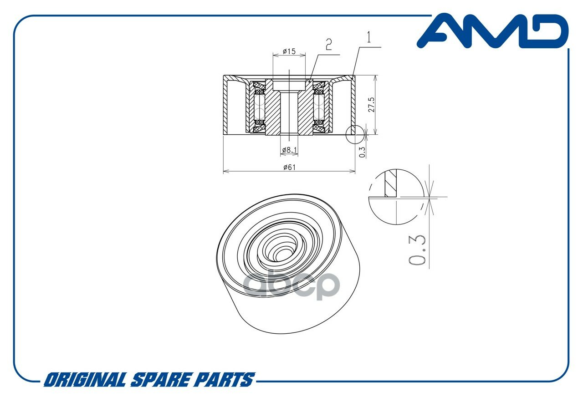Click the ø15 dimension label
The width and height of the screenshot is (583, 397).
(289, 51)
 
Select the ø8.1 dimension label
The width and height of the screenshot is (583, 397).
(289, 149)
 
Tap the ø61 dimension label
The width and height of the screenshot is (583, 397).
(289, 167)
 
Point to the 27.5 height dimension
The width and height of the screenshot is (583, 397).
(371, 105)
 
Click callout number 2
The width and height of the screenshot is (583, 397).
(328, 44)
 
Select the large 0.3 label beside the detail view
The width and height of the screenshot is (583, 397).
(417, 250)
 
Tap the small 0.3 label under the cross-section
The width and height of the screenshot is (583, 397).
(363, 152)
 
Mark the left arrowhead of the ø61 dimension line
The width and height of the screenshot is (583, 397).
(225, 172)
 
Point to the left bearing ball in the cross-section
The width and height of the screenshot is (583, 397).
(260, 107)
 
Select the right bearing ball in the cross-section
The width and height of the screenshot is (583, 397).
(319, 107)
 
